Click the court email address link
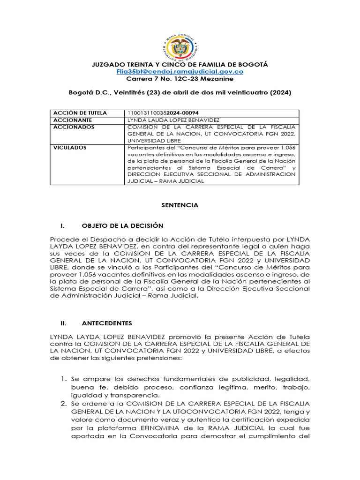(x=180, y=72)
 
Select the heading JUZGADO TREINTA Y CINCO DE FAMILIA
(x=180, y=64)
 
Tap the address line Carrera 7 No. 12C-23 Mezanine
(x=180, y=79)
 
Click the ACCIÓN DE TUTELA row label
(x=80, y=113)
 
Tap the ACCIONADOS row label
(x=74, y=127)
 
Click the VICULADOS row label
(x=70, y=148)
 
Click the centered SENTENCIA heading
(x=180, y=205)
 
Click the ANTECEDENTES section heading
(x=107, y=323)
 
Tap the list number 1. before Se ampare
(x=64, y=378)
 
